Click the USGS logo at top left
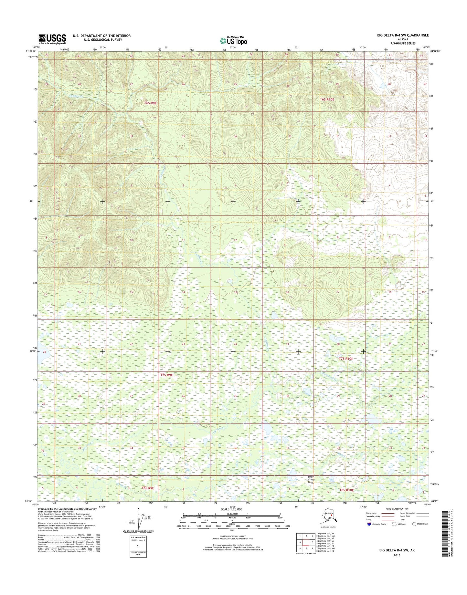pyautogui.click(x=52, y=39)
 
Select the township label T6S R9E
pyautogui.click(x=150, y=103)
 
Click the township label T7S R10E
pyautogui.click(x=345, y=359)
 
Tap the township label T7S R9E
pyautogui.click(x=167, y=375)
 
